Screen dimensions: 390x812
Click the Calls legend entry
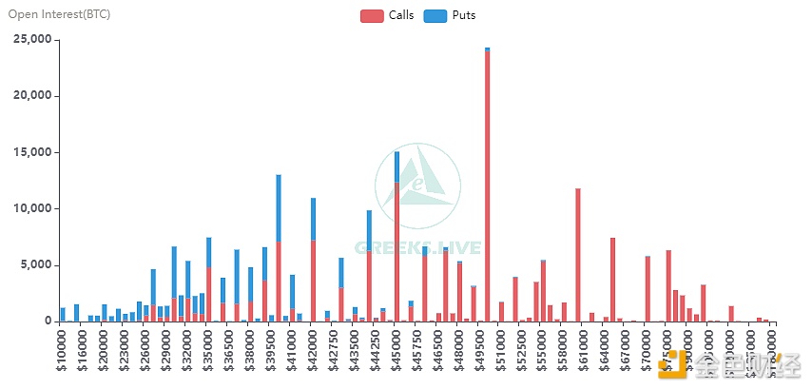tap(388, 16)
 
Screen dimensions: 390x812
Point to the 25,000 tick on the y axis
tap(31, 40)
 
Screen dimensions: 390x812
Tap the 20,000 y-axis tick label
tap(31, 96)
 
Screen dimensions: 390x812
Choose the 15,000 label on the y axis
tap(31, 152)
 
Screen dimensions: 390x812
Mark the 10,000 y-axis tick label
tap(31, 208)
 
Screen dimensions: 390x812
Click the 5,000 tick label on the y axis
tap(36, 264)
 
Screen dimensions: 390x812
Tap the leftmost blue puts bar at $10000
tap(63, 314)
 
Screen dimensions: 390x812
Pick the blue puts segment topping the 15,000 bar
tap(396, 166)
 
